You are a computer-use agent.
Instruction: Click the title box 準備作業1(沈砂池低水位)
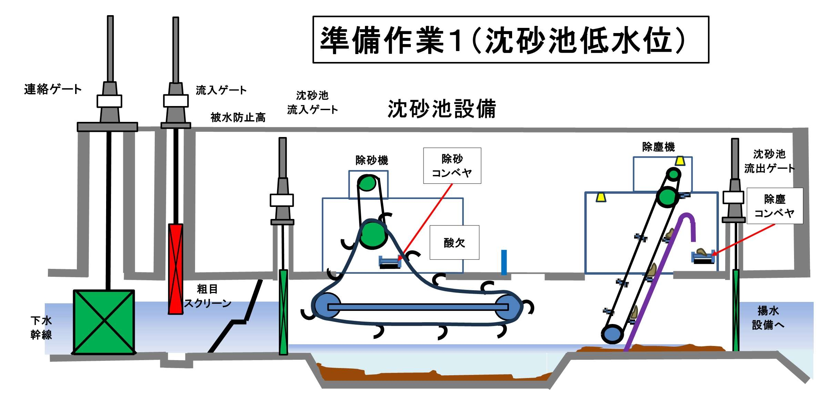510,40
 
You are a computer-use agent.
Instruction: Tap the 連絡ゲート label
53,89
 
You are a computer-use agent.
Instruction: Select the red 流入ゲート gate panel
175,269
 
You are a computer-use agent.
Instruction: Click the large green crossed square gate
104,322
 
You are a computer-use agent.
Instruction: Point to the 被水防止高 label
238,117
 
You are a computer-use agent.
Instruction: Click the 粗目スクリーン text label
207,296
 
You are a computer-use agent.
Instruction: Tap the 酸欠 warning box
454,242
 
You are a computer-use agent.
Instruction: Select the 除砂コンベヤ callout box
452,166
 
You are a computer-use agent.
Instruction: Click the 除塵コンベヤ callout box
774,206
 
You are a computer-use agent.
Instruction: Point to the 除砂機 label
372,160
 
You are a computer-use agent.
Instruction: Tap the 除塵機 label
658,147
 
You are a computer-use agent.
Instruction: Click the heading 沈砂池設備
441,109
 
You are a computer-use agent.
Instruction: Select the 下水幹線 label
41,327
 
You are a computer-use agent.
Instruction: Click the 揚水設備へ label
767,318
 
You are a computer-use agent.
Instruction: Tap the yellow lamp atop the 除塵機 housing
680,161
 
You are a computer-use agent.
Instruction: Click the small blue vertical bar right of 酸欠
504,262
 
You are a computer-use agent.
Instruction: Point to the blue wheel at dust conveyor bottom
612,334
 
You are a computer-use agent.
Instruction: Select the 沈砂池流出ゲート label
769,161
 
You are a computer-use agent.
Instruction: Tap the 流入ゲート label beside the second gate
221,90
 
